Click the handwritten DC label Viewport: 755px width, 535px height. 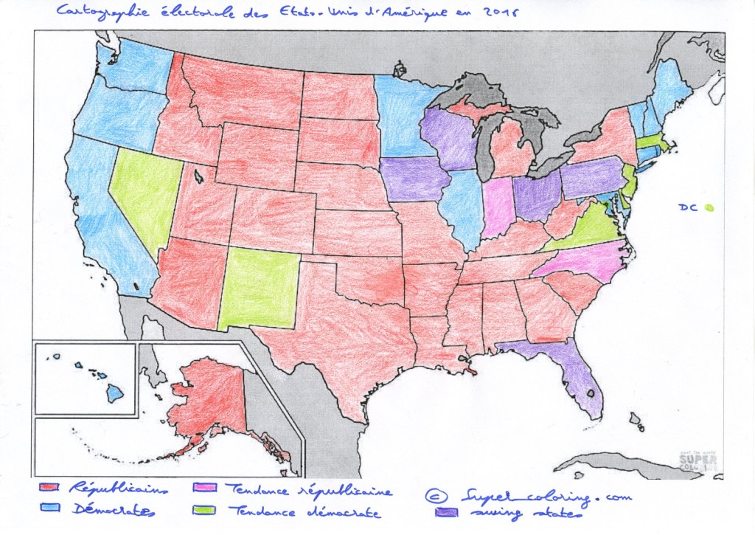[x=688, y=208]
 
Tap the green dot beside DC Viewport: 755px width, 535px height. [x=709, y=208]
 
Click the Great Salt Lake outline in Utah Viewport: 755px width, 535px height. [x=198, y=177]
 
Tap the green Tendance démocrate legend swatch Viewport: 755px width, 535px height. [x=203, y=511]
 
